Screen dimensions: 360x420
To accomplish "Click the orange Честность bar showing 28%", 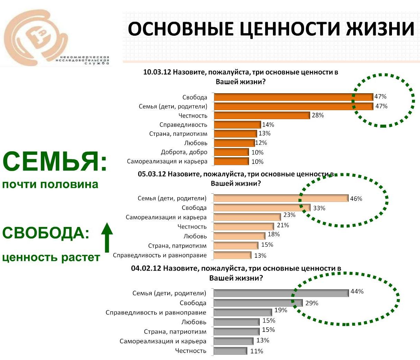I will pyautogui.click(x=262, y=115).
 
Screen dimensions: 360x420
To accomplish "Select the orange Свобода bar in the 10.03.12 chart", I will pyautogui.click(x=293, y=97).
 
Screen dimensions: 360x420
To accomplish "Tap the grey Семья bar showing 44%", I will pyautogui.click(x=281, y=293).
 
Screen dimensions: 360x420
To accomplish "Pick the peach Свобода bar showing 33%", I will pyautogui.click(x=262, y=208).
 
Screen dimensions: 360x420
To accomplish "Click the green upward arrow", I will pyautogui.click(x=107, y=238).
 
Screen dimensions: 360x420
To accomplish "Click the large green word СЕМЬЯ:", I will pyautogui.click(x=55, y=162).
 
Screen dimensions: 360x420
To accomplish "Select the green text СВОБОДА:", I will pyautogui.click(x=46, y=233).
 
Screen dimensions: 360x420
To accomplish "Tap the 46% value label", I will pyautogui.click(x=356, y=199).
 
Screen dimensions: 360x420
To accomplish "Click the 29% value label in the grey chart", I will pyautogui.click(x=312, y=303).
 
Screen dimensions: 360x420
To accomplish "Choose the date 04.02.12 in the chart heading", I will pyautogui.click(x=146, y=269).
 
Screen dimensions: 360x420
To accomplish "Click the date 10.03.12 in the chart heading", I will pyautogui.click(x=157, y=72).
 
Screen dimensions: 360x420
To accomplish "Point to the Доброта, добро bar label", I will pyautogui.click(x=184, y=152).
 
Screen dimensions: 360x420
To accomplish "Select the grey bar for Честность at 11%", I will pyautogui.click(x=230, y=351).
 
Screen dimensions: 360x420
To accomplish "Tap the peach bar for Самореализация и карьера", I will pyautogui.click(x=247, y=217).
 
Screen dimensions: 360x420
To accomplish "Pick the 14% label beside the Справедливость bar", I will pyautogui.click(x=268, y=125).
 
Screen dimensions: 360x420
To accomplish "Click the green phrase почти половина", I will pyautogui.click(x=50, y=184).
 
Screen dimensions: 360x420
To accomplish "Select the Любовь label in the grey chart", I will pyautogui.click(x=194, y=322).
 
